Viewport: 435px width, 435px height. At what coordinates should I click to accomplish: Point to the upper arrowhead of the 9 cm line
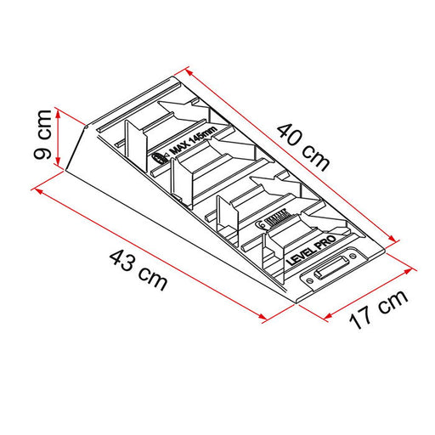(59, 110)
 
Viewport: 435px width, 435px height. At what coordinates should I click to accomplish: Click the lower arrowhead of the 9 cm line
(59, 166)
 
